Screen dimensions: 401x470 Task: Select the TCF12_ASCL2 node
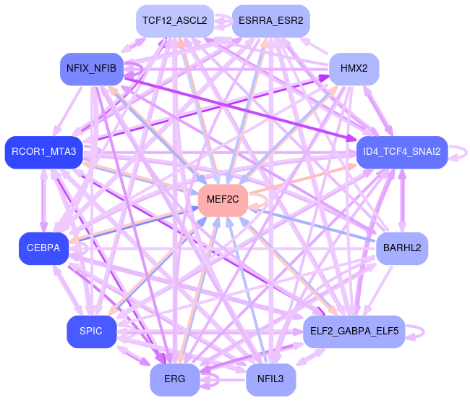tap(174, 20)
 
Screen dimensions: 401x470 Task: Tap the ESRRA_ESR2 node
tap(270, 20)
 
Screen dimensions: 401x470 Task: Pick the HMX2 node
tap(354, 69)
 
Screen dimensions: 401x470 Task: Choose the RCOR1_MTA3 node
tap(44, 152)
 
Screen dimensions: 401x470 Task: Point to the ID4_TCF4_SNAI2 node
tap(401, 152)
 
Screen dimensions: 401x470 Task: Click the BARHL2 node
tap(402, 248)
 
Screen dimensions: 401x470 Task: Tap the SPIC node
tap(92, 332)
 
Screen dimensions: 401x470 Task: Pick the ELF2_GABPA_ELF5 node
tap(354, 332)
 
